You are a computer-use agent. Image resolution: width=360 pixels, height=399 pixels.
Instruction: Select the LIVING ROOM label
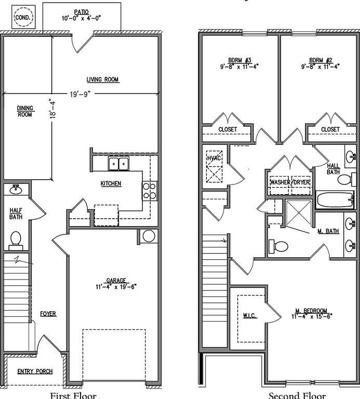click(x=102, y=79)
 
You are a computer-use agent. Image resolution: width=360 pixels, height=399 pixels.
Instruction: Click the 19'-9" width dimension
click(x=81, y=95)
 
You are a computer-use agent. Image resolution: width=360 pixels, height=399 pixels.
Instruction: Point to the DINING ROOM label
click(x=24, y=111)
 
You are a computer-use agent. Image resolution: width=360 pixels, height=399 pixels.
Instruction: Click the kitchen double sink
click(x=119, y=165)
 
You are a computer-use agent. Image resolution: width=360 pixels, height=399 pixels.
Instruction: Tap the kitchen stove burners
click(x=150, y=191)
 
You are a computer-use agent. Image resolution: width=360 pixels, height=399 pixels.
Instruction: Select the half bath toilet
click(x=16, y=239)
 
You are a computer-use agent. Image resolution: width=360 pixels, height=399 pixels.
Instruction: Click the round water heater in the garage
click(x=149, y=236)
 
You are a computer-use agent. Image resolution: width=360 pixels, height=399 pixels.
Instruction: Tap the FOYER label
click(x=48, y=314)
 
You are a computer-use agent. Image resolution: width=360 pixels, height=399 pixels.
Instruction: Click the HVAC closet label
click(x=214, y=158)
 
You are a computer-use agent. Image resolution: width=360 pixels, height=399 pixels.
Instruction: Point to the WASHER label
click(x=280, y=183)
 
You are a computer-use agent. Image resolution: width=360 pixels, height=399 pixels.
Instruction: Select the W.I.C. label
click(x=249, y=315)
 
